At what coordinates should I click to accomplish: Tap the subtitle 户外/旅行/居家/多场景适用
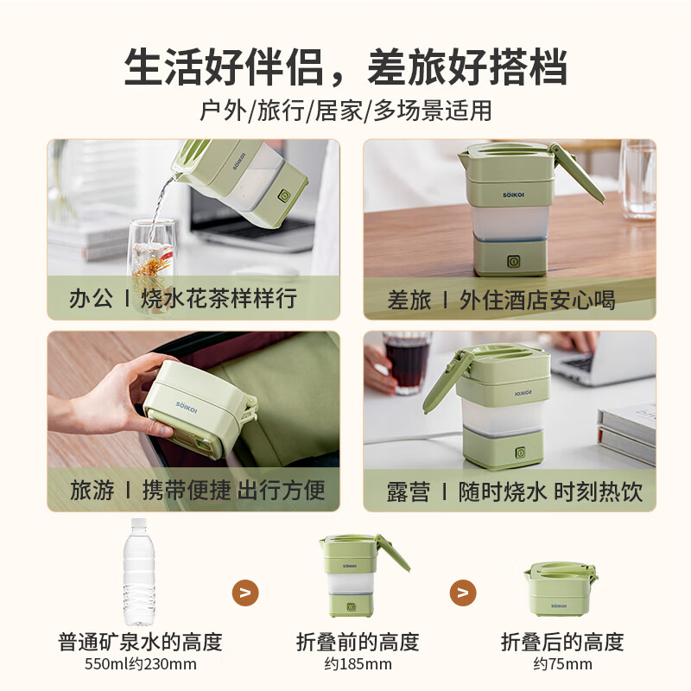point(345,111)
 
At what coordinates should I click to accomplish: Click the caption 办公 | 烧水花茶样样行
point(183,299)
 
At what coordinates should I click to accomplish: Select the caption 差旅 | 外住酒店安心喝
point(501,300)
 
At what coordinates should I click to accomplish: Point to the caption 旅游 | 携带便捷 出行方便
point(198,491)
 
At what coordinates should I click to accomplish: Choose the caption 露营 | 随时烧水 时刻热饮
point(514,492)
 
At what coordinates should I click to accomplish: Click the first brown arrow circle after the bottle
point(246,593)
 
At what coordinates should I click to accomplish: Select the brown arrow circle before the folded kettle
point(464,593)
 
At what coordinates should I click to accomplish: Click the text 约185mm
point(358,664)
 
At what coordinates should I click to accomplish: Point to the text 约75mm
point(562,664)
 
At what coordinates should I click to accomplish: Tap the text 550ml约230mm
point(141,664)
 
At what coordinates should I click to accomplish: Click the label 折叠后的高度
point(562,642)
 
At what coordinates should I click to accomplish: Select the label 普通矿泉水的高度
point(141,642)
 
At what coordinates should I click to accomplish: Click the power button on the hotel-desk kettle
point(511,260)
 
